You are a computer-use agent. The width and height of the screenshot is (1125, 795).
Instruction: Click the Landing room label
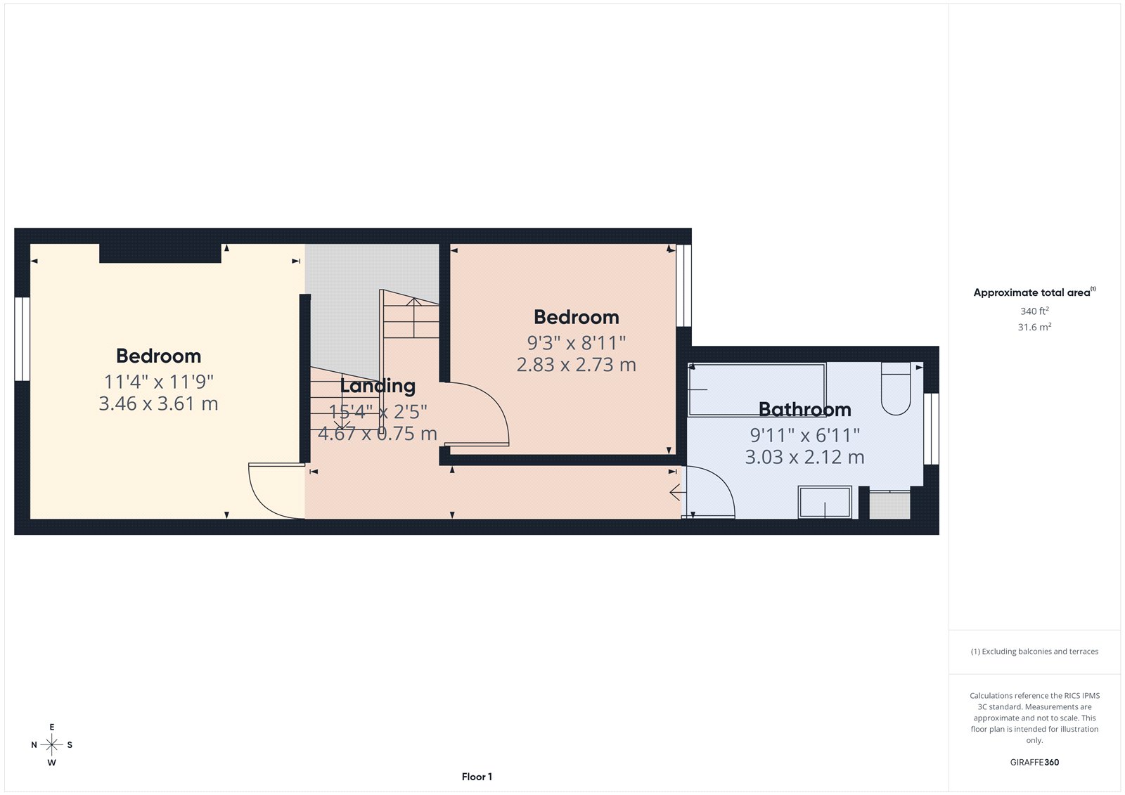click(378, 386)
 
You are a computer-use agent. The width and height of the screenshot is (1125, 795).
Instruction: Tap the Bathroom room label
click(804, 409)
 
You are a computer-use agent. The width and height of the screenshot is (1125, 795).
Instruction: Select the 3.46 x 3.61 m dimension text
click(158, 404)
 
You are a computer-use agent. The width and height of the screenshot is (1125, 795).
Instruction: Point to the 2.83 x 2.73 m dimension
click(576, 365)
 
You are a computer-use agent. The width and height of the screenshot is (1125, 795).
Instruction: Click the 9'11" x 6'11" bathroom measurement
click(804, 435)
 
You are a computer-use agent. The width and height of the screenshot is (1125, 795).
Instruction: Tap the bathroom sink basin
click(825, 502)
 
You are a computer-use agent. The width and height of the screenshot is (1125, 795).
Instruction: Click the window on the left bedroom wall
click(22, 339)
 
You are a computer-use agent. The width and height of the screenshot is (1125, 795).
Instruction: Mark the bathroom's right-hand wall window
click(931, 429)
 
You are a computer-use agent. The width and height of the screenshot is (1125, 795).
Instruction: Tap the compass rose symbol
click(51, 744)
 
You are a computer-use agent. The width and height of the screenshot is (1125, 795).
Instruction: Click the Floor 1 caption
click(477, 777)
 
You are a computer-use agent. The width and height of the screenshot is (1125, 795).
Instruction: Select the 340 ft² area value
click(1034, 311)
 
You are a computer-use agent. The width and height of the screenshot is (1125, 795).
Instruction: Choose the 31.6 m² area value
click(1034, 327)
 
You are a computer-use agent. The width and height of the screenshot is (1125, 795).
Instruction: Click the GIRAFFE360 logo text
click(1034, 762)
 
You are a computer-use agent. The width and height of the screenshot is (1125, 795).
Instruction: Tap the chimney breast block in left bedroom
click(160, 253)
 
